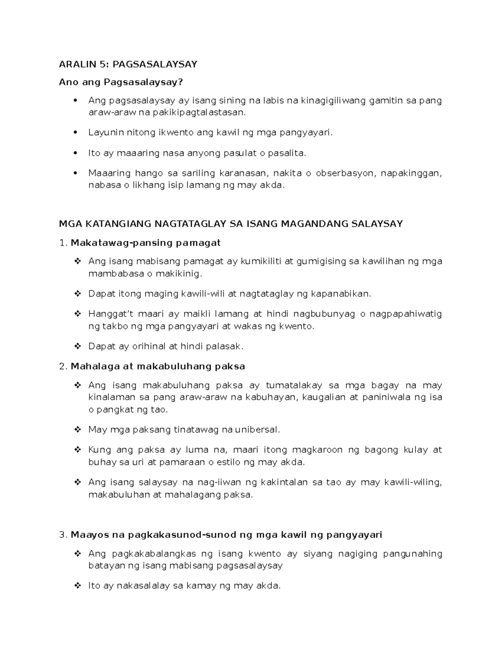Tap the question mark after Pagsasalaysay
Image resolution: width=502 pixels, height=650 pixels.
pyautogui.click(x=181, y=82)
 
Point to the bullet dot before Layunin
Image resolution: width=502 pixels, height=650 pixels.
pyautogui.click(x=76, y=133)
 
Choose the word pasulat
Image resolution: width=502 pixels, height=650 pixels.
pyautogui.click(x=241, y=153)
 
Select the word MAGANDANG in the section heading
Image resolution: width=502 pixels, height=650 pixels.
pyautogui.click(x=315, y=224)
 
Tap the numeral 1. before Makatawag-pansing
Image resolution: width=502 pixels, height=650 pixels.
pyautogui.click(x=63, y=243)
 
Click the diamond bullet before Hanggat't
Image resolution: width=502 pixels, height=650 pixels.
pyautogui.click(x=77, y=314)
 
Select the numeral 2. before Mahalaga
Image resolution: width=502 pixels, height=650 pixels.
pyautogui.click(x=63, y=366)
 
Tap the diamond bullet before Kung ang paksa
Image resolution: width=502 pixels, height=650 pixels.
pyautogui.click(x=77, y=450)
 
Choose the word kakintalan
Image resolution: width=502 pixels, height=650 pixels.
pyautogui.click(x=284, y=482)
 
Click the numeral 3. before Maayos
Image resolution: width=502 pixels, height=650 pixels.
pyautogui.click(x=63, y=534)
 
